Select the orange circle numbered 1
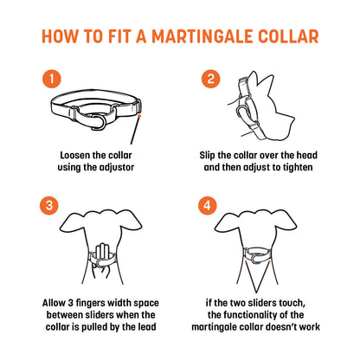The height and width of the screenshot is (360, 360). click(x=52, y=79)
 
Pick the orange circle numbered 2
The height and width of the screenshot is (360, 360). click(x=210, y=79)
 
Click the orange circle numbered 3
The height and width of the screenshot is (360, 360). click(x=49, y=205)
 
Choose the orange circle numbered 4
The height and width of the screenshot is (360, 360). click(x=208, y=205)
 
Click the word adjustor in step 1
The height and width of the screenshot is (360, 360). click(x=117, y=167)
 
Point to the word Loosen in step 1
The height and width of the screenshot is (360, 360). click(x=74, y=155)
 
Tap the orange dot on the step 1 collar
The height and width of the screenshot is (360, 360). click(x=139, y=116)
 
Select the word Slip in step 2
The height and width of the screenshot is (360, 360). click(x=207, y=156)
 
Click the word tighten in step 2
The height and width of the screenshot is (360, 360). click(x=298, y=168)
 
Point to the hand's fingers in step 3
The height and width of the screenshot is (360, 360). click(x=101, y=253)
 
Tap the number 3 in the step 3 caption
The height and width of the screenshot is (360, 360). click(x=71, y=303)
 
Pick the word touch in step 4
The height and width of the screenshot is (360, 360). click(x=291, y=303)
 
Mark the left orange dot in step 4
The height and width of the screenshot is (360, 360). click(x=245, y=261)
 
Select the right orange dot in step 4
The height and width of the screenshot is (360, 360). click(x=269, y=261)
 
